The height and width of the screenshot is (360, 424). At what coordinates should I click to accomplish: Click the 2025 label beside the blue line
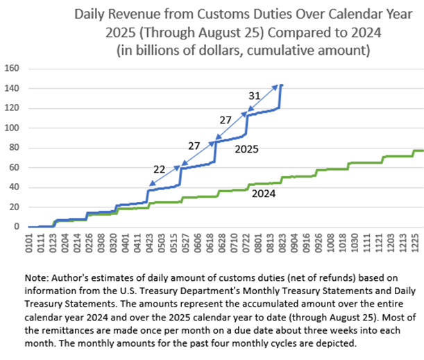click(x=247, y=148)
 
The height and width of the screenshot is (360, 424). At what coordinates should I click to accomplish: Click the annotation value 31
click(x=255, y=96)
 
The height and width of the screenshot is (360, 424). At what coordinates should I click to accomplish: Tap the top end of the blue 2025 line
click(x=281, y=85)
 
